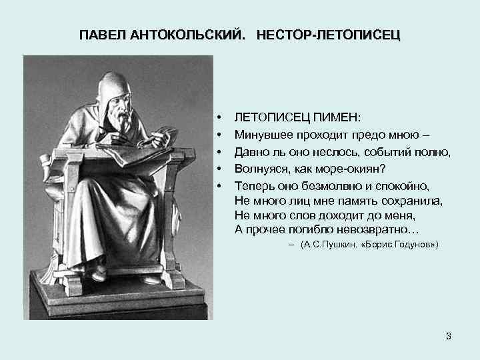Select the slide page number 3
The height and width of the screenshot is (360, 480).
[x=449, y=336]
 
